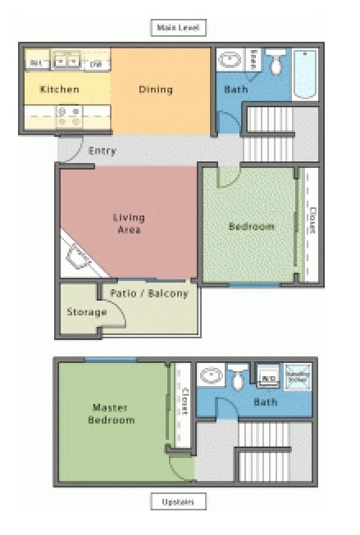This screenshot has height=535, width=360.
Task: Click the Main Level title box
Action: coord(178,28)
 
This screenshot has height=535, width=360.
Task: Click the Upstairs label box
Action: coord(178,501)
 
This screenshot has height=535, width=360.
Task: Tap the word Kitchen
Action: coord(61,89)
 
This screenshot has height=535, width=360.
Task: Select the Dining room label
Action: coord(156,89)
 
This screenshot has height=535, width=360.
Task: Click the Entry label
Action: coord(103,151)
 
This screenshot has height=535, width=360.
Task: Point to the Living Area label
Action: coord(129,224)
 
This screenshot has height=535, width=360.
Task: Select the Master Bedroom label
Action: coord(113,414)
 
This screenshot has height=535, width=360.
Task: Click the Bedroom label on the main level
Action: coord(251,226)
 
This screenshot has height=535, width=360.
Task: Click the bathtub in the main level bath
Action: coord(305,74)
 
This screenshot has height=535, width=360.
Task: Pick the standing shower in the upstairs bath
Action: coord(297,378)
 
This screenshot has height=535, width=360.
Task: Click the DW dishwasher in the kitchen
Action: coord(96,64)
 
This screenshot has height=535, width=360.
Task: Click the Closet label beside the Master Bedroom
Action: coord(185,402)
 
